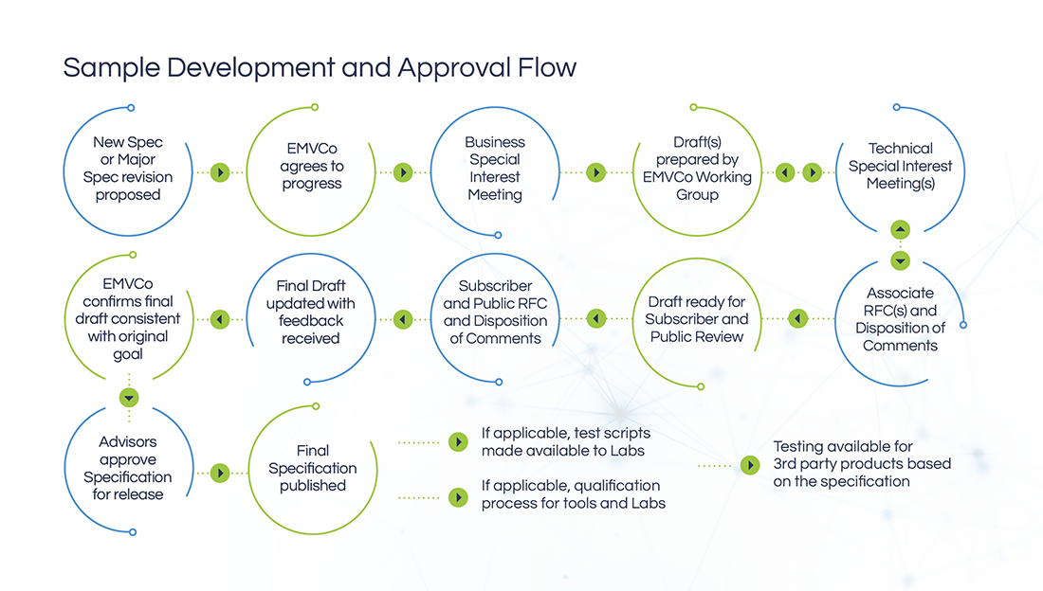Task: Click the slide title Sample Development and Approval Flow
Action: pos(320,68)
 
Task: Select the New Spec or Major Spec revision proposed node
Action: pos(128,169)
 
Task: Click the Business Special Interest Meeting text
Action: pos(495,169)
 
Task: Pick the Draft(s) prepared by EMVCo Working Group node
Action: pos(697,169)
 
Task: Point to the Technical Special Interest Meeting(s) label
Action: pos(900,166)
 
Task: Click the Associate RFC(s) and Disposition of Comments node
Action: pos(900,319)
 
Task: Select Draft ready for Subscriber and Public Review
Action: pos(697,319)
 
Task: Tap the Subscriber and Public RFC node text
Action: pos(495,312)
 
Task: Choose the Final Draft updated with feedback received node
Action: pos(311,312)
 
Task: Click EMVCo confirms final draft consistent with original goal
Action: pos(128,319)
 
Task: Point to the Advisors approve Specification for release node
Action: pos(128,468)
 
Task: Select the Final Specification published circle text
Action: pos(313,468)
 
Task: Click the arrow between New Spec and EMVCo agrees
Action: pos(220,172)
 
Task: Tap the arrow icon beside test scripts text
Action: pos(458,442)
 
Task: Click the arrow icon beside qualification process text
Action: pos(458,497)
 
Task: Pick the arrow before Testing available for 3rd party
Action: pos(750,465)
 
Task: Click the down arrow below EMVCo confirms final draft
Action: pos(129,398)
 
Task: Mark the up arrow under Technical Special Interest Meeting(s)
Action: pos(900,229)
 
